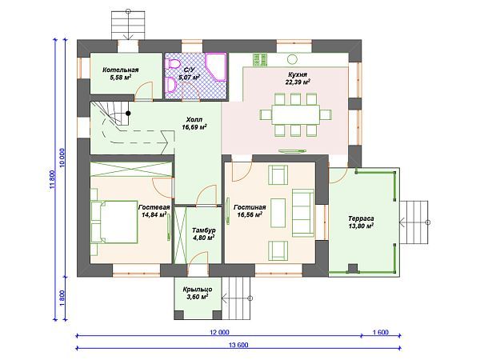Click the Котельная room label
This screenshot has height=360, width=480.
click(x=120, y=70)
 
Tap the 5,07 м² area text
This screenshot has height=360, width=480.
click(x=190, y=78)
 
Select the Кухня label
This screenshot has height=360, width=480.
click(x=298, y=74)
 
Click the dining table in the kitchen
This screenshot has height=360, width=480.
click(x=296, y=114)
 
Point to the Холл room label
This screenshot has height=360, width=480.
click(x=194, y=120)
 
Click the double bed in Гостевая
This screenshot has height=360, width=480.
click(x=114, y=222)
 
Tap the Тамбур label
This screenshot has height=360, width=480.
click(x=203, y=230)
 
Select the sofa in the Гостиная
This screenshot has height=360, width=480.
click(x=303, y=213)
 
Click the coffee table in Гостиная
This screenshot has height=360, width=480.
click(x=278, y=213)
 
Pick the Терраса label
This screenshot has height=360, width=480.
click(x=361, y=219)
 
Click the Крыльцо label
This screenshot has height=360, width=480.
click(x=198, y=290)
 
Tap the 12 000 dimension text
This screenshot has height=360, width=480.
click(x=219, y=332)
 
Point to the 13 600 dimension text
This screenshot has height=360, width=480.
click(x=238, y=345)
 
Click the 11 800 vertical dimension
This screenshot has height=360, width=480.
click(x=52, y=180)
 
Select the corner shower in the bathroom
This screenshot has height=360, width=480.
click(x=216, y=67)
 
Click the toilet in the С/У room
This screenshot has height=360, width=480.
click(x=173, y=64)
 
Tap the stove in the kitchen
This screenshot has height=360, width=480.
click(x=260, y=59)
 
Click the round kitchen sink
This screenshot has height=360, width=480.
click(x=292, y=58)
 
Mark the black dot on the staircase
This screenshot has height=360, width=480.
click(x=128, y=114)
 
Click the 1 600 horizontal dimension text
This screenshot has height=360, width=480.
click(x=381, y=332)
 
